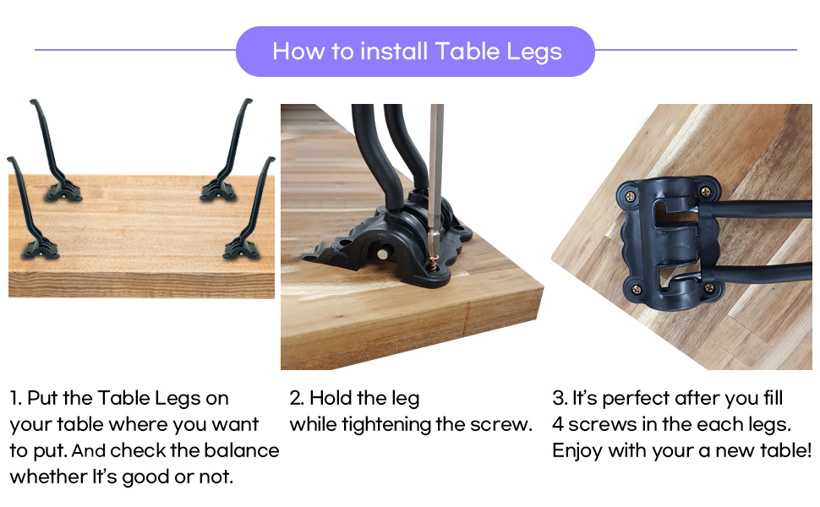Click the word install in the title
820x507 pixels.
(x=394, y=52)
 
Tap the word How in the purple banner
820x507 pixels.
(x=292, y=52)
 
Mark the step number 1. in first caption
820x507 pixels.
(x=16, y=398)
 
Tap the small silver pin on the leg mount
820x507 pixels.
(x=384, y=253)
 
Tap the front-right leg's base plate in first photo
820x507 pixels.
(x=240, y=248)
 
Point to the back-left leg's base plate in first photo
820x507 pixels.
(x=64, y=192)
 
